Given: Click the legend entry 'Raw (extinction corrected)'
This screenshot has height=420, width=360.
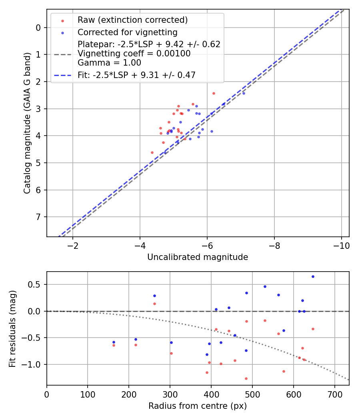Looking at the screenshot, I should point(132,20).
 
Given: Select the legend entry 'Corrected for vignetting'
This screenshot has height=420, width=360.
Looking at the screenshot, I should point(127,32).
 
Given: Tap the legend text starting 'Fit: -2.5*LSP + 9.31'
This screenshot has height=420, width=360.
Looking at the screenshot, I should point(136,75).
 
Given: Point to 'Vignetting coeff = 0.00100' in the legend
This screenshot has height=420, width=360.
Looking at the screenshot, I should point(134,54).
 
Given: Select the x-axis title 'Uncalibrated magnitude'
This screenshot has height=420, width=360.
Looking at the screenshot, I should point(198,257).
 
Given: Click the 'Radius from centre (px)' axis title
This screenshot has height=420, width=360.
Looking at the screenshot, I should point(198,406).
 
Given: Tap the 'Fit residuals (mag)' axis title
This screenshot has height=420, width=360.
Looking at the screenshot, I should point(12,328).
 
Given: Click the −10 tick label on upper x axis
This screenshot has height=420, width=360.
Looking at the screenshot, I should point(341,245).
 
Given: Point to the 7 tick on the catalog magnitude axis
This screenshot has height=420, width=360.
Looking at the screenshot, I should point(38,217).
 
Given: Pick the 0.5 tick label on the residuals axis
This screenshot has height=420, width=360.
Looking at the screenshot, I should point(35,285).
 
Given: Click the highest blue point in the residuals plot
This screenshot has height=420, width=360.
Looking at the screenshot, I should point(313,276).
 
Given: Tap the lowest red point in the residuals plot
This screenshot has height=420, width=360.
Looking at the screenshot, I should point(246,378).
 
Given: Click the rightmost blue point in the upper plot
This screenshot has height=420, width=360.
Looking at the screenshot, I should point(244,93).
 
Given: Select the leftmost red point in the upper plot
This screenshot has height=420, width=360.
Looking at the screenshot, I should point(152,152).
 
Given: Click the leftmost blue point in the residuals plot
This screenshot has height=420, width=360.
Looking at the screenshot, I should point(114,342).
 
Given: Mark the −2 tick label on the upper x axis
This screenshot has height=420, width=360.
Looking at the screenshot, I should point(72,245).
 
